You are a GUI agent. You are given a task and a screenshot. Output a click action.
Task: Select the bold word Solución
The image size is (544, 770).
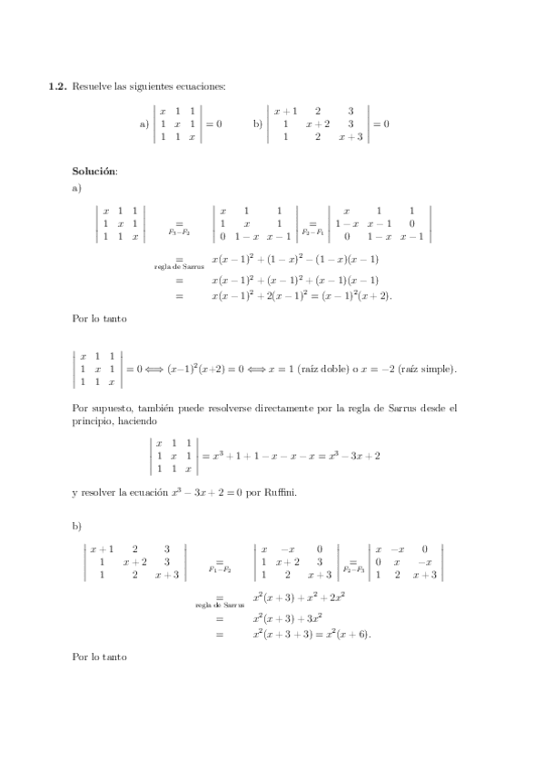(94, 170)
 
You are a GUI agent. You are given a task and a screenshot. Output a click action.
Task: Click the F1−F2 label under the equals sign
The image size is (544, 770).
(219, 570)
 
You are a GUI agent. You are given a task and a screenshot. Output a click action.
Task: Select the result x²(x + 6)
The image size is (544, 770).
(342, 634)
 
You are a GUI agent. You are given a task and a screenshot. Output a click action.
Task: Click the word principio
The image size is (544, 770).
(94, 421)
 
